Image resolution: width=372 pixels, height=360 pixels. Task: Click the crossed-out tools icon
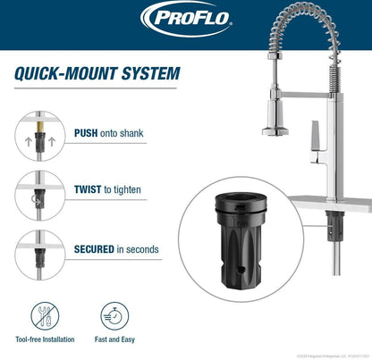coord(42,317)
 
